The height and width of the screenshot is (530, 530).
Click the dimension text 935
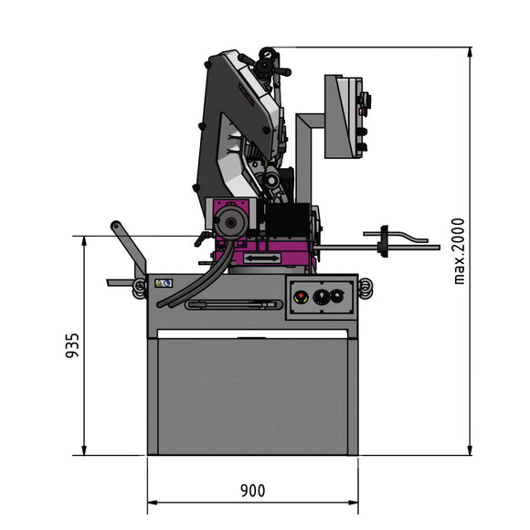point(74,345)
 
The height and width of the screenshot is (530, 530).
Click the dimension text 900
point(253,490)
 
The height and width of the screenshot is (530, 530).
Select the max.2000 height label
point(460,250)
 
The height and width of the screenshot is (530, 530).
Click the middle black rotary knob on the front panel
point(321,296)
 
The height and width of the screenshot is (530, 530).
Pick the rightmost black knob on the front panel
point(337,295)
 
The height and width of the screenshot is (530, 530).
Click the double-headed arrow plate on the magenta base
point(261,260)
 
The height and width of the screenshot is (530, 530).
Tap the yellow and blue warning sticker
point(164,283)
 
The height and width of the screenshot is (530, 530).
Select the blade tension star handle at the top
point(268,62)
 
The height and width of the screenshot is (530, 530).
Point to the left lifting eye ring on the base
point(140,288)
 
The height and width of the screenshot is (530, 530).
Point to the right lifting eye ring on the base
point(365,287)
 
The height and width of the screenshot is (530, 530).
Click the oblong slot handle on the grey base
point(233,304)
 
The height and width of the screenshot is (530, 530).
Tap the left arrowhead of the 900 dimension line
point(151,502)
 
